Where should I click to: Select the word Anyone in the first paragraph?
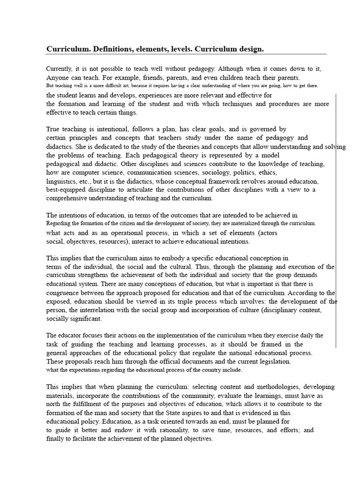[x=57, y=77]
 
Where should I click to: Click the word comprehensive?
[x=68, y=198]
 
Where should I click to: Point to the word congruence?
[x=63, y=293]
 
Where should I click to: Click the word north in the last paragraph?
[x=53, y=404]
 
